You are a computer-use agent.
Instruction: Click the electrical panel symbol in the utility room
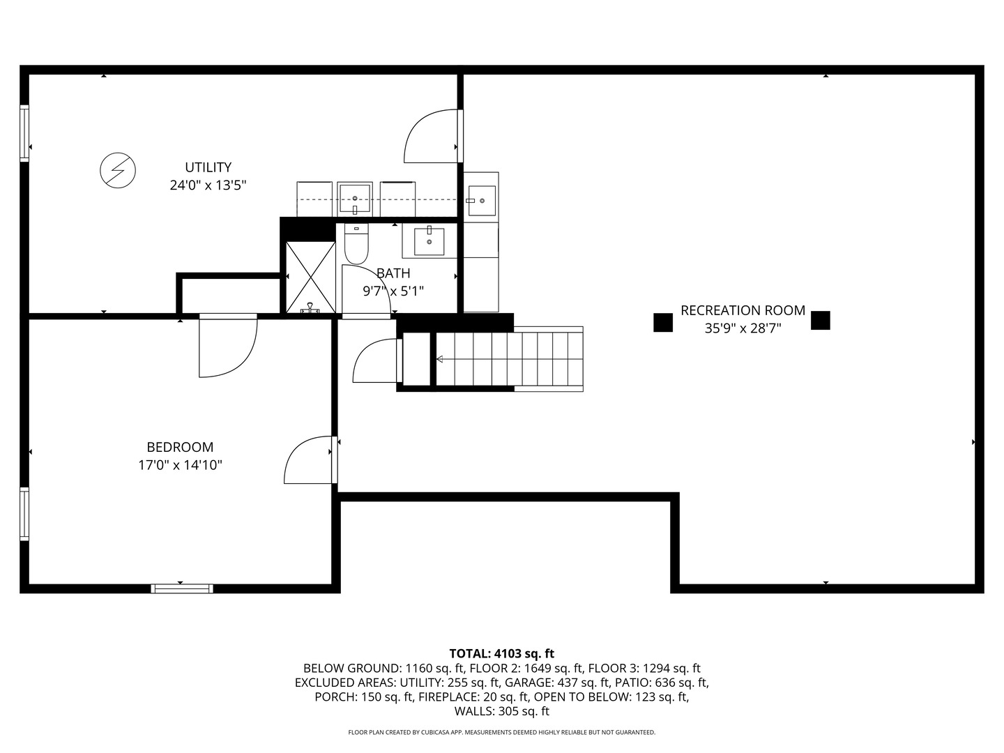(118, 170)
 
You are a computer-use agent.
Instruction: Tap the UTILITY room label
(208, 167)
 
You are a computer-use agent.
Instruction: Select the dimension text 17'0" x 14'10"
(180, 465)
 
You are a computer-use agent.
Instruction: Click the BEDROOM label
(180, 447)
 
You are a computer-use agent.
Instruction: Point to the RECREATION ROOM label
(743, 310)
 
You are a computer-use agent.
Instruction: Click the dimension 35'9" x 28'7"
(743, 328)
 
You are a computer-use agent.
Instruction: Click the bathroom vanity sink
(429, 241)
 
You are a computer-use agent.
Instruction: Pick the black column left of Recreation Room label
(662, 322)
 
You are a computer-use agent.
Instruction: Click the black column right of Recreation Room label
(821, 320)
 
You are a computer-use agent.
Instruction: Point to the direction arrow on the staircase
(441, 359)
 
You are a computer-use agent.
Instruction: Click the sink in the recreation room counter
(480, 200)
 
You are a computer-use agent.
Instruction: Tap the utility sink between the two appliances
(355, 199)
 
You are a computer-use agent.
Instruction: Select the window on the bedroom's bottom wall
(182, 588)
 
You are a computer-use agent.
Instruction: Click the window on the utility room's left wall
(24, 133)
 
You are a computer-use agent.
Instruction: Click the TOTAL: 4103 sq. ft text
(501, 653)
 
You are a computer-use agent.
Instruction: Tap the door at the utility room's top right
(432, 136)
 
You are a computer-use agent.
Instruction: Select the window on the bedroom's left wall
(24, 514)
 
